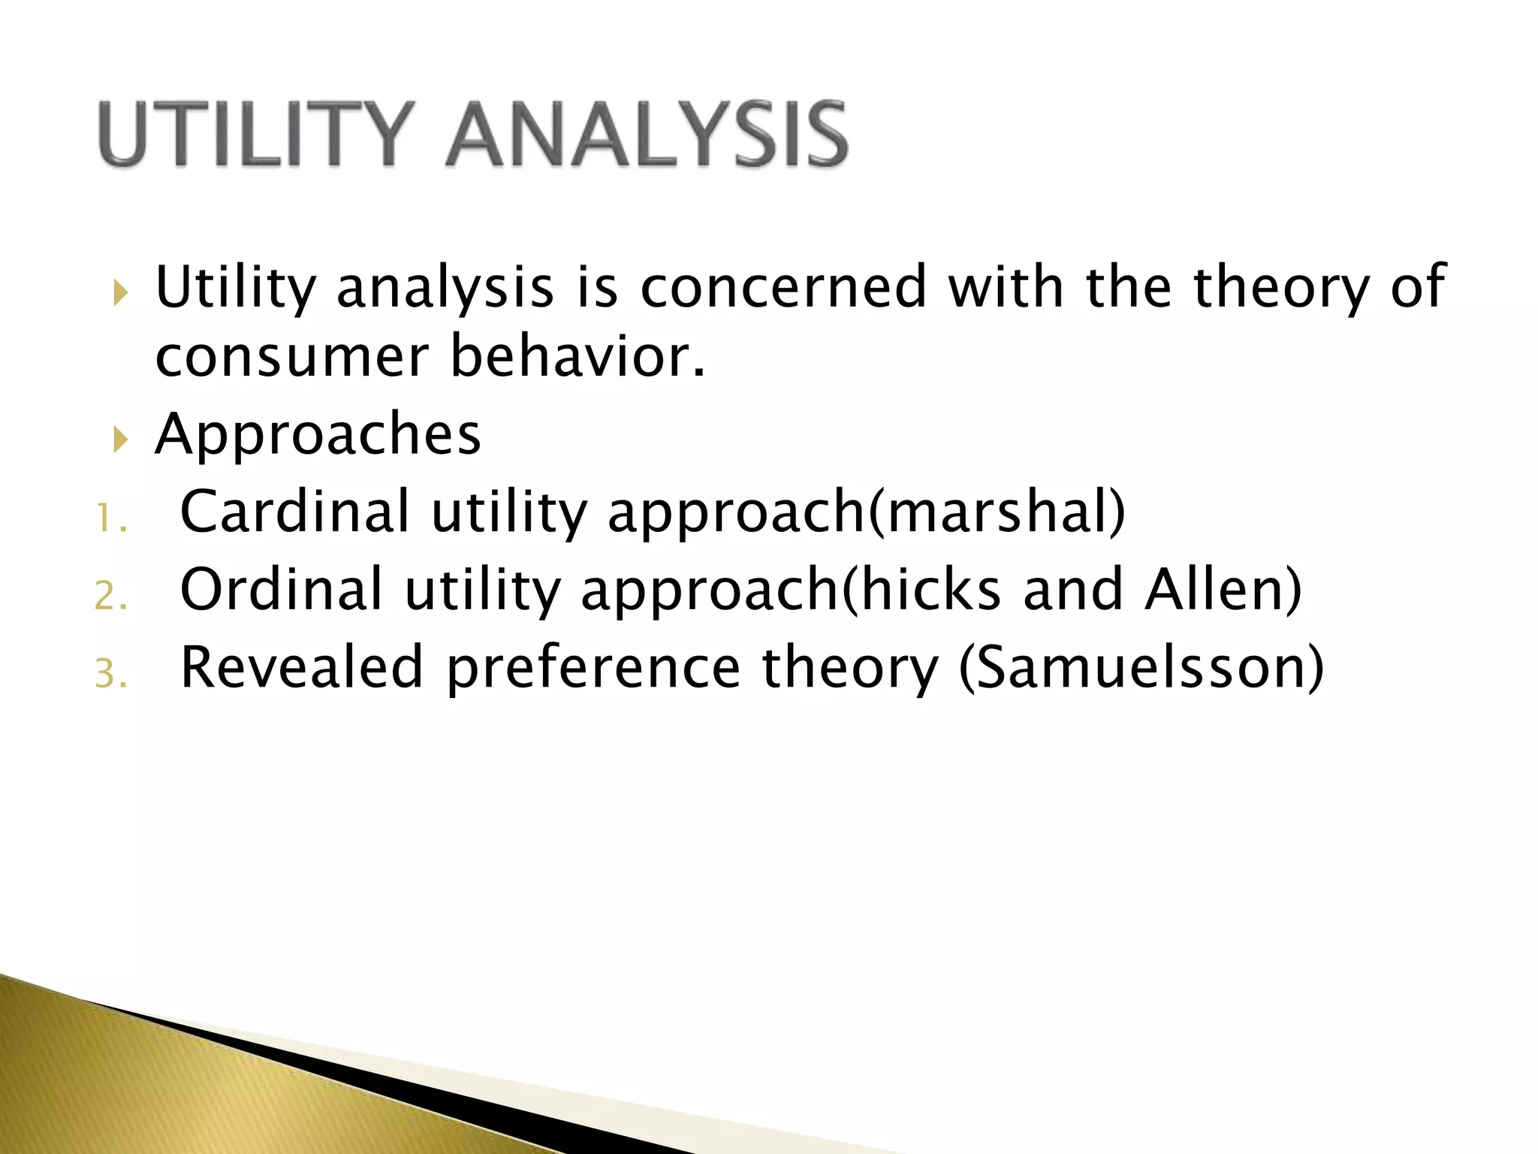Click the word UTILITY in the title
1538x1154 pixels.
click(256, 135)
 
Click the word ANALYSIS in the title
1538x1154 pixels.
click(647, 135)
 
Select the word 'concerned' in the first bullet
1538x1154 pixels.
click(783, 288)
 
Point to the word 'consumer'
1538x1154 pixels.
click(291, 358)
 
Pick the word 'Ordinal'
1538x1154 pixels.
click(282, 590)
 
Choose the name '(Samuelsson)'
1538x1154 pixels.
click(1141, 667)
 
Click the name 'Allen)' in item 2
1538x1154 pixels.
click(1223, 590)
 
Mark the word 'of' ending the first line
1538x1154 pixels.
click(1417, 288)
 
